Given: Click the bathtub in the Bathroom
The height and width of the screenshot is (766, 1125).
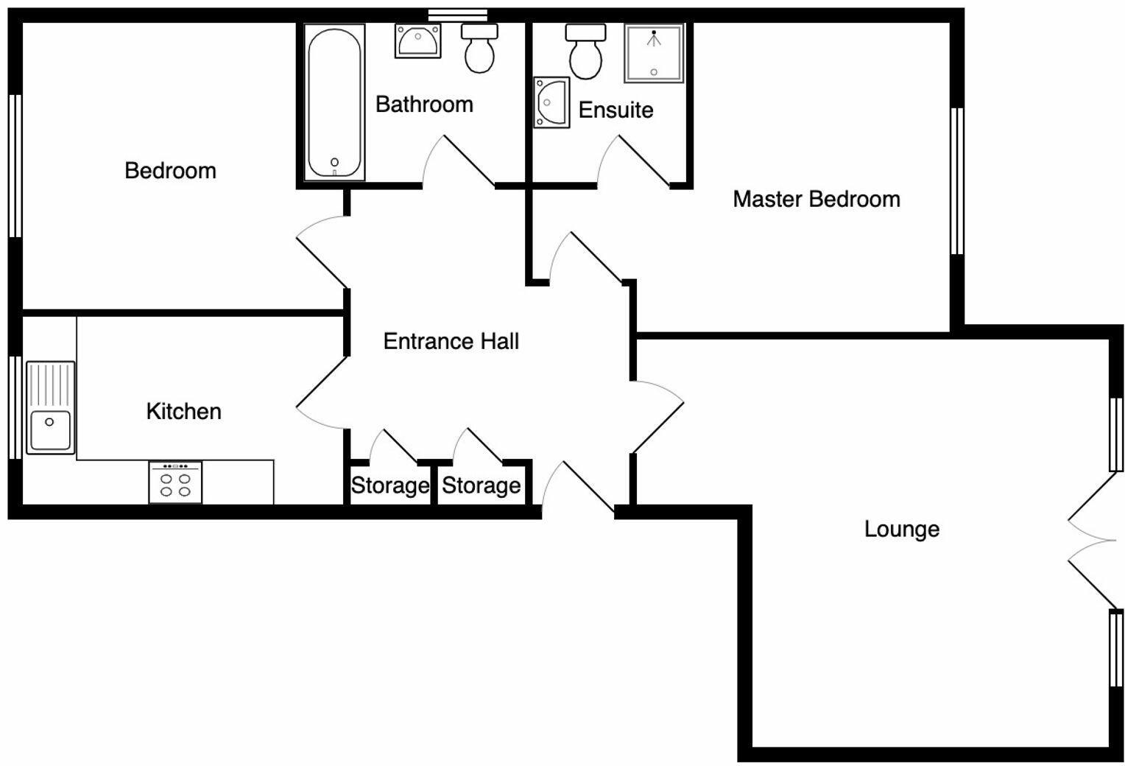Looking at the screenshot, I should tap(335, 103).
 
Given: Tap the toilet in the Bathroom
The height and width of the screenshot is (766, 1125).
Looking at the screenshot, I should tap(479, 49).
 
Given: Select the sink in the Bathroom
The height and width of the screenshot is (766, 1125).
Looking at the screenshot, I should tap(417, 41).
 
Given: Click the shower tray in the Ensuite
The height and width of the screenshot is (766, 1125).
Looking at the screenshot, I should tap(654, 52).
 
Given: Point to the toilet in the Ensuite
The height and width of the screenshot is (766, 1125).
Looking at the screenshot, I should tap(586, 53).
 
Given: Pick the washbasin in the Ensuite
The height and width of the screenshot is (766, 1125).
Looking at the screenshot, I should tap(551, 102).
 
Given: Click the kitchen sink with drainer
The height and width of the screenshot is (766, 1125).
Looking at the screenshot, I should tap(50, 407).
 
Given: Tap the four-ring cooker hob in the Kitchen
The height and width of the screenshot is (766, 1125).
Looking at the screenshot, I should tap(175, 483).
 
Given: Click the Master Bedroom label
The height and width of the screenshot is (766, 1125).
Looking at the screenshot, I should tap(816, 199).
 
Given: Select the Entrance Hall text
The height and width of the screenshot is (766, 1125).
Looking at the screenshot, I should tap(451, 341).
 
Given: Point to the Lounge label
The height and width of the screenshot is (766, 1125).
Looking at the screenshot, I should tap(901, 529).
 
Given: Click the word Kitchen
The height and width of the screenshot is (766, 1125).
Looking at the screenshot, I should tap(183, 411).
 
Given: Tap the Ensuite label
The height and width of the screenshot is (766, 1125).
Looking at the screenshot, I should tap(616, 110).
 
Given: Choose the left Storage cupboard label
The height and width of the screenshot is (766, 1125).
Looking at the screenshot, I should tap(389, 485).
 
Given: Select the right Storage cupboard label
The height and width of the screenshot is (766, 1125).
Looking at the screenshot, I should tap(481, 485).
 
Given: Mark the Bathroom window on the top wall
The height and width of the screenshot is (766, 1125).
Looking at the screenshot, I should tap(457, 14).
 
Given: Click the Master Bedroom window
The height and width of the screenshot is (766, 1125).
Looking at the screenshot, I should tap(956, 181).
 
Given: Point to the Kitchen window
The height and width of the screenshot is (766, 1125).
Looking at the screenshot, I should tap(15, 407).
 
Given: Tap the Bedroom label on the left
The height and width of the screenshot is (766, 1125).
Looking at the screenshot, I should tap(170, 171).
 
